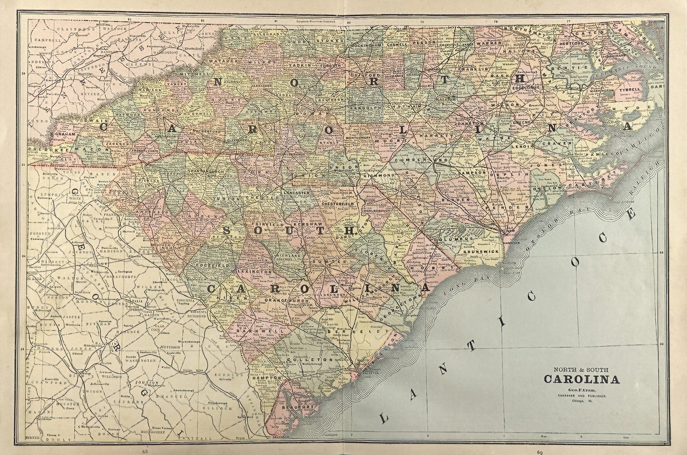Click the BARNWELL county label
click(x=257, y=332)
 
